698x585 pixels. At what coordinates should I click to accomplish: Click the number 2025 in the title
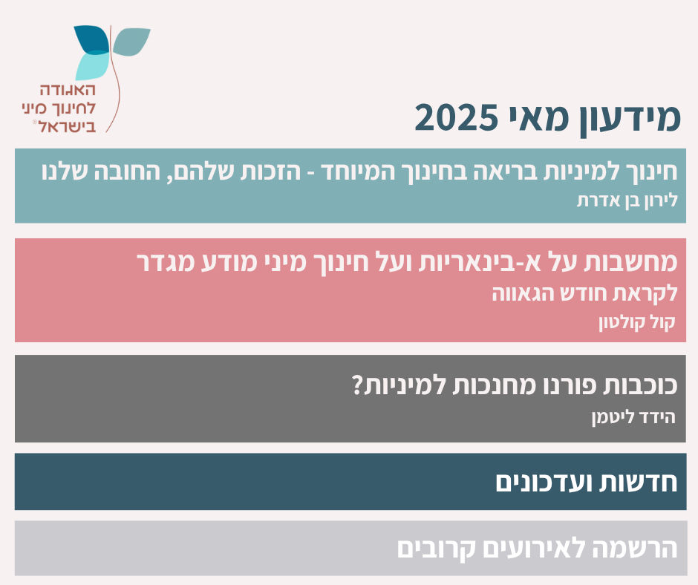point(456,118)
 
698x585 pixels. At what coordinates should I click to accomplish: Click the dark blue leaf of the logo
point(92,39)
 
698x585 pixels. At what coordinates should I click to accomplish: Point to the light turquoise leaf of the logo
point(92,66)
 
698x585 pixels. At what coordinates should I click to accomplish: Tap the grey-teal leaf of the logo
point(131,42)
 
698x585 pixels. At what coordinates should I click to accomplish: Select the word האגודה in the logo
point(68,90)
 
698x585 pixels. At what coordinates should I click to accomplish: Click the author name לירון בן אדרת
point(627,200)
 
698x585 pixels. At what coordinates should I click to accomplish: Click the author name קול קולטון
point(637,322)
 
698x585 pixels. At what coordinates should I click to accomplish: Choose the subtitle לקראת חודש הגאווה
point(585,294)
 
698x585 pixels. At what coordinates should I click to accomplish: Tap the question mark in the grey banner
point(358,385)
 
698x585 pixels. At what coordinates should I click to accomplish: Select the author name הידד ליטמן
point(633,417)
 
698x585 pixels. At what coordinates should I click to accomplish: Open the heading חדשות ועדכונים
point(587,482)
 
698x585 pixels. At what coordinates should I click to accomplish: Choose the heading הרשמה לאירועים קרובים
point(538,549)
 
